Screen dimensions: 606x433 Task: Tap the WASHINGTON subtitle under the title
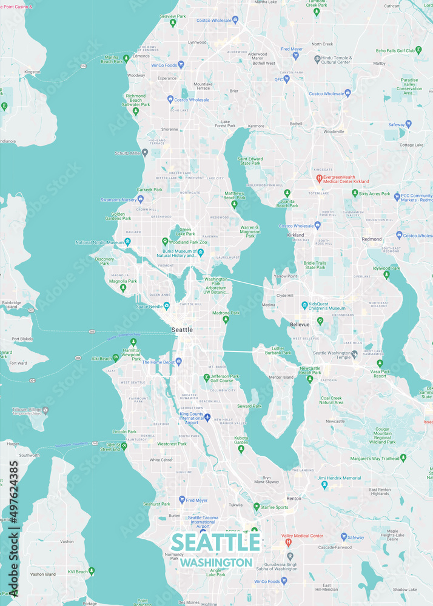click(x=215, y=562)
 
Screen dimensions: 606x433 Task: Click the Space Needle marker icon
click(x=166, y=305)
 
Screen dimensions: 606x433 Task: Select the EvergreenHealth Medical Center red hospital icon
click(x=320, y=178)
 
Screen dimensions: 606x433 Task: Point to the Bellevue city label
click(x=300, y=325)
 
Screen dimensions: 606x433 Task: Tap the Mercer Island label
click(x=281, y=377)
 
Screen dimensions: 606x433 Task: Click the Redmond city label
click(x=372, y=239)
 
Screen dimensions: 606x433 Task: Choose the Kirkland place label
click(x=296, y=235)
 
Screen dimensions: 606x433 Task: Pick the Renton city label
click(x=294, y=499)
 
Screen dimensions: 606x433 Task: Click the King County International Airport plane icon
click(x=207, y=418)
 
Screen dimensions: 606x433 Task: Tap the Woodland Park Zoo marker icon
click(x=164, y=242)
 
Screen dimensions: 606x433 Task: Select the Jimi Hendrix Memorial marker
click(x=324, y=484)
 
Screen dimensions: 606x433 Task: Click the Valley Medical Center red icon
click(x=289, y=536)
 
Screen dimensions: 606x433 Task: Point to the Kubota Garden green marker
click(x=241, y=449)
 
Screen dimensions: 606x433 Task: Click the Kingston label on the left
click(x=32, y=72)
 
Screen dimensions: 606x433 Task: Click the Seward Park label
click(x=249, y=406)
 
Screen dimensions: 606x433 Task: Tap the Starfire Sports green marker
click(x=256, y=507)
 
